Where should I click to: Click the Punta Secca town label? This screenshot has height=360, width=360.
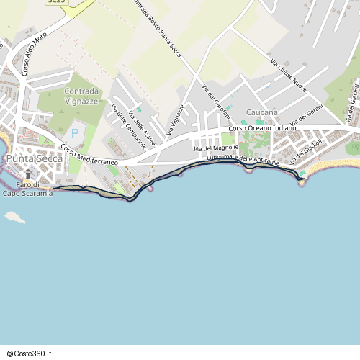[34, 158]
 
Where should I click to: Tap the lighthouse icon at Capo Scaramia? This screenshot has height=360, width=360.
[29, 174]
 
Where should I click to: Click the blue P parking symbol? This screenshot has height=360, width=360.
[76, 134]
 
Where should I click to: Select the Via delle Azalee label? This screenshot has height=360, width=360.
[141, 128]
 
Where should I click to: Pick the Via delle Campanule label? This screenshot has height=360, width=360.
[128, 127]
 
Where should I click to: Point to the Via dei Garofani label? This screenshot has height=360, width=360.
[217, 102]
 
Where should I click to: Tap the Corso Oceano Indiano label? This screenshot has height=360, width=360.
[262, 128]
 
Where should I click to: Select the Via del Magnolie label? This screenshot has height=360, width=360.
[216, 148]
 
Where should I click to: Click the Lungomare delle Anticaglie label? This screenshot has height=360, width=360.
[243, 159]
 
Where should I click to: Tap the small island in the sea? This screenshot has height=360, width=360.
[14, 215]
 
